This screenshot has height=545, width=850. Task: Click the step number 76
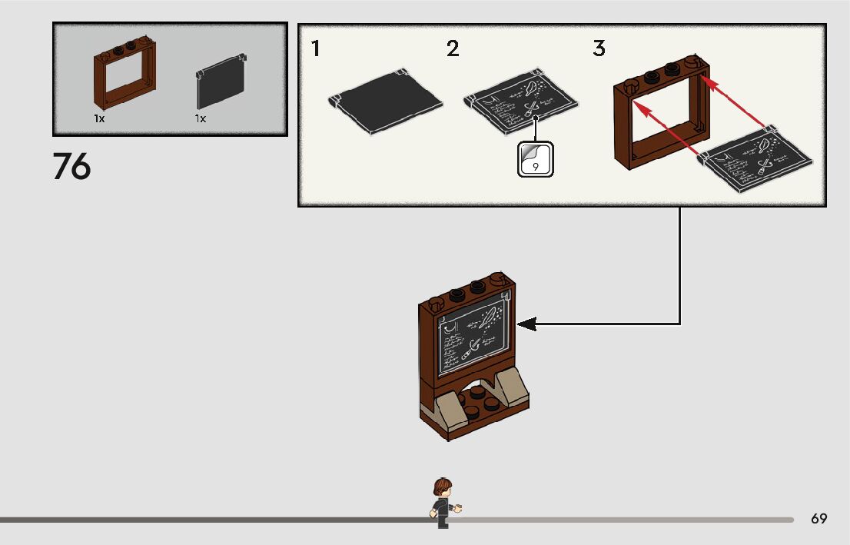coord(71,167)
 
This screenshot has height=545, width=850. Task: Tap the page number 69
coord(818,519)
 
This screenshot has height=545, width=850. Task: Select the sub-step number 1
coord(316,49)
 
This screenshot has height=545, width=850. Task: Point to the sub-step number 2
coord(453,49)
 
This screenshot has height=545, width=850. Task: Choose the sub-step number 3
coord(599,49)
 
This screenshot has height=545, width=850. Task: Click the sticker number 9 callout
coord(535,159)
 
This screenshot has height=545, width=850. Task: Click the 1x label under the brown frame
coord(99,119)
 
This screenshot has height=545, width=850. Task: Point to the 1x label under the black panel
coord(201,119)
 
